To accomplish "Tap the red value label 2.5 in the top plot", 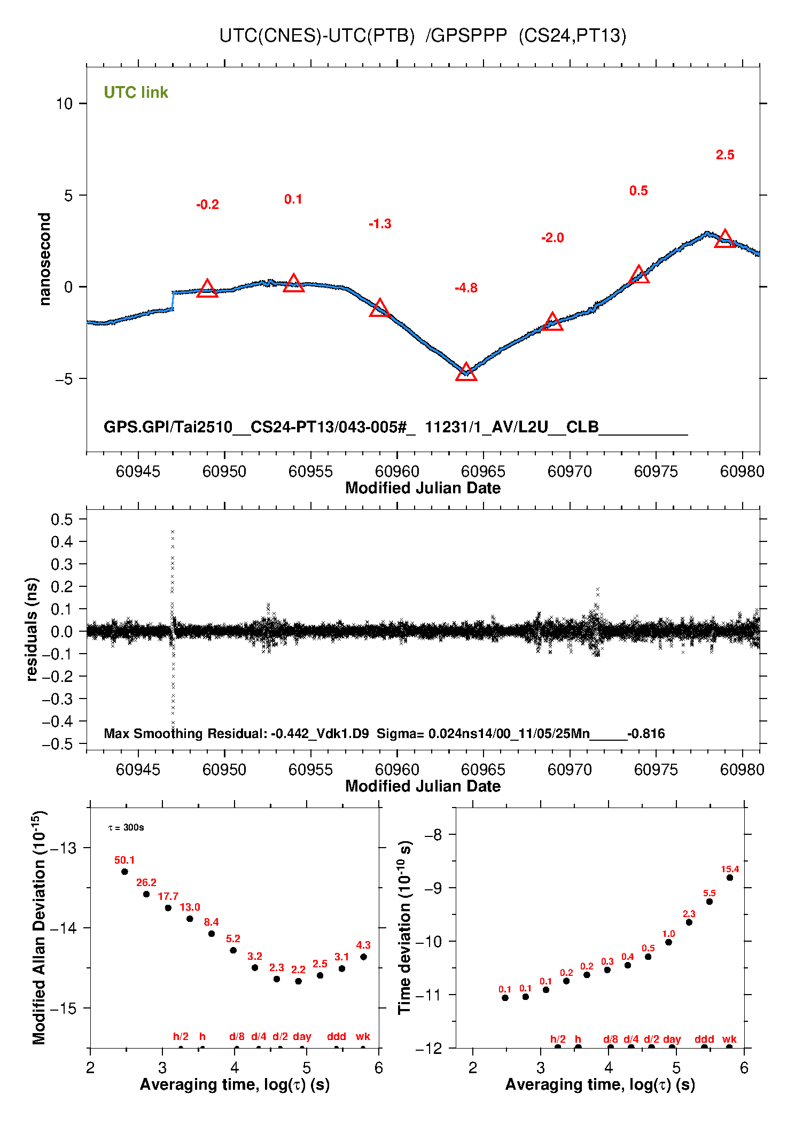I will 725,155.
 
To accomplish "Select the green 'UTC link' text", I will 136,92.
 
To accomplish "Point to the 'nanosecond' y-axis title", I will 44,259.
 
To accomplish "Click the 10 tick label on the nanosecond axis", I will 64,104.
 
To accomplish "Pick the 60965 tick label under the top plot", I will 483,471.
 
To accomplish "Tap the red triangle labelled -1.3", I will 380,308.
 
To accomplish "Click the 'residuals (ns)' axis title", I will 32,629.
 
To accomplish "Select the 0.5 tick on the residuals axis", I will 61,519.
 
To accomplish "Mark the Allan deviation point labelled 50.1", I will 124,872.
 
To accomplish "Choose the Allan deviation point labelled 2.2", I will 299,981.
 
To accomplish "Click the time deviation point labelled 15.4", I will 730,878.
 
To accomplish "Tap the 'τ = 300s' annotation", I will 126,828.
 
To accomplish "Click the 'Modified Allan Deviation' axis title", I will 39,927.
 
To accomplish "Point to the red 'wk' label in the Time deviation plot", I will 729,1039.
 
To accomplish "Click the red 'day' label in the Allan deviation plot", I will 302,1036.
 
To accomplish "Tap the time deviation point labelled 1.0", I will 668,942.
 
